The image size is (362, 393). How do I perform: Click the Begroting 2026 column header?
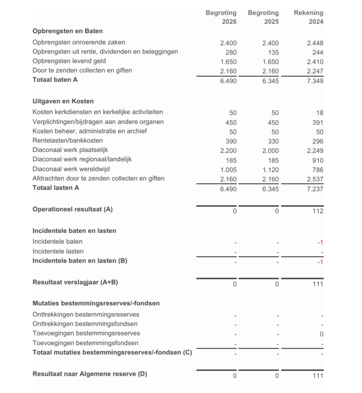[221, 17]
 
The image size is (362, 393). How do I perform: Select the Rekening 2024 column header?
[308, 17]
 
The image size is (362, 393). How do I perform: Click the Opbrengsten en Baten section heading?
[67, 31]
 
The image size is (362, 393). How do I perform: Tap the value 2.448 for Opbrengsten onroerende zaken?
[315, 43]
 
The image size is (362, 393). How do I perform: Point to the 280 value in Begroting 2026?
[231, 53]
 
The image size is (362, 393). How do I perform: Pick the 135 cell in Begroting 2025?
[273, 53]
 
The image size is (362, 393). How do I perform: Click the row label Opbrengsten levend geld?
[69, 61]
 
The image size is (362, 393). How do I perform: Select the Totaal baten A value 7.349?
[315, 81]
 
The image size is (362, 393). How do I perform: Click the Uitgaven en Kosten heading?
[63, 101]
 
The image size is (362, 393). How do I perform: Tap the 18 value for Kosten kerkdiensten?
[319, 113]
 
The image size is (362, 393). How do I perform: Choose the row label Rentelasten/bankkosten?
[68, 141]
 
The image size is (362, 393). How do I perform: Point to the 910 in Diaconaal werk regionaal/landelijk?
[318, 161]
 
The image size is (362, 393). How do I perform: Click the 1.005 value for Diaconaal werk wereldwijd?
[228, 170]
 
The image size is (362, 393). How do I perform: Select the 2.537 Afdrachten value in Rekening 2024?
[315, 179]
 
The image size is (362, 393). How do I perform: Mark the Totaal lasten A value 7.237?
[315, 189]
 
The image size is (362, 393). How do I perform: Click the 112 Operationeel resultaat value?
[318, 211]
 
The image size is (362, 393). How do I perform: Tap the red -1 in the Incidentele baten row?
[320, 242]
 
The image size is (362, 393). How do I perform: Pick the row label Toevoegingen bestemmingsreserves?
[86, 333]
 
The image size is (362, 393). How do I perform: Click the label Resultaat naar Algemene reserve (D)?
[89, 374]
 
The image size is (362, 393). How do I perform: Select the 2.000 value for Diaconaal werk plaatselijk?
[270, 151]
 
